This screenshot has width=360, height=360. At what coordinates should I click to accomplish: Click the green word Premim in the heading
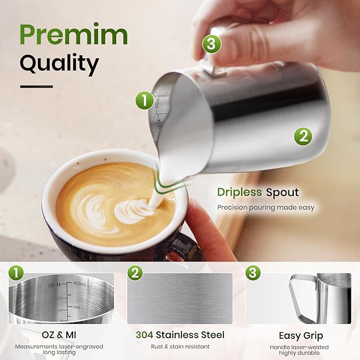coord(73,35)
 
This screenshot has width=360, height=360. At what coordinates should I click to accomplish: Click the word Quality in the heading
coord(59,64)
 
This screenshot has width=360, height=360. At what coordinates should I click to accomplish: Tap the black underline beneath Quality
coord(37,86)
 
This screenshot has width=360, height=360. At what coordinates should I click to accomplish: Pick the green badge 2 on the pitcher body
coord(303,136)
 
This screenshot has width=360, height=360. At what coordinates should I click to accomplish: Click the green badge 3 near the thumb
coord(210,45)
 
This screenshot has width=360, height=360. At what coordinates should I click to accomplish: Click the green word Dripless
coord(240,192)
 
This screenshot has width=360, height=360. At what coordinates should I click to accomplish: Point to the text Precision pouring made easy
coord(266,207)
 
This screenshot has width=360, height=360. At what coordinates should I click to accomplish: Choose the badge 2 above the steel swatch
coord(135,273)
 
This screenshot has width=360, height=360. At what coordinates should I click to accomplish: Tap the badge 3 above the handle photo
coord(253,273)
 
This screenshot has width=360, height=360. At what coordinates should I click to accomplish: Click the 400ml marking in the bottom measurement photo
coord(80,284)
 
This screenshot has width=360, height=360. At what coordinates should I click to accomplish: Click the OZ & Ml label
coord(61,335)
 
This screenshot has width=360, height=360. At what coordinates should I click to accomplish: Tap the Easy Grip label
coord(301,336)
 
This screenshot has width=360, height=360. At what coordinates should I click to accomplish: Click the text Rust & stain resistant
coord(179,347)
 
